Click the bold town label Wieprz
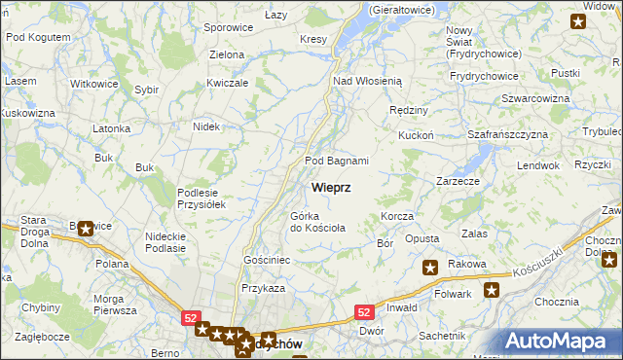331,186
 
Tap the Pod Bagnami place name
337,161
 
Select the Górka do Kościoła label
317,222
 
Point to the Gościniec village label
267,261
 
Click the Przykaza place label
263,288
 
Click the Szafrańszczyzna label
508,133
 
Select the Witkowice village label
93,84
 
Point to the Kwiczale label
228,84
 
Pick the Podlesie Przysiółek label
202,198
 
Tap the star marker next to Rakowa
429,267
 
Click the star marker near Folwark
492,289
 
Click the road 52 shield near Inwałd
363,311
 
